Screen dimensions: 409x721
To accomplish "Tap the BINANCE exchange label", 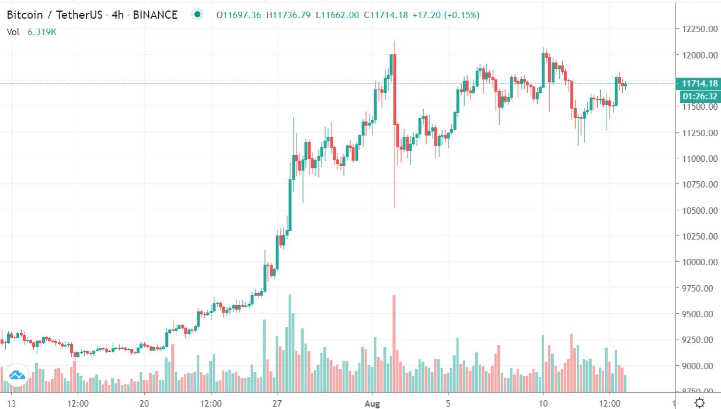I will tap(155, 15).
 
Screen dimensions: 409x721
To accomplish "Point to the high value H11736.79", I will tap(288, 15).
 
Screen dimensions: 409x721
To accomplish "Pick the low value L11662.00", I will tap(337, 15).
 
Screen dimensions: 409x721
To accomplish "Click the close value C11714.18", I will tap(385, 15).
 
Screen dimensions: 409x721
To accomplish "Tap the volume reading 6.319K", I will tap(41, 32).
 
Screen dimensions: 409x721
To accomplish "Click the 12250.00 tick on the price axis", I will tap(697, 29).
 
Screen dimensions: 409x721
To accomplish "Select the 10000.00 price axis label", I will tap(697, 262).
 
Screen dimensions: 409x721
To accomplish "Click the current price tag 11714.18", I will tap(696, 84).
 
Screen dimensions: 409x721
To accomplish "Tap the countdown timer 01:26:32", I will tap(696, 96).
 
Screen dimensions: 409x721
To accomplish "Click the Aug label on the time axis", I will tap(372, 403).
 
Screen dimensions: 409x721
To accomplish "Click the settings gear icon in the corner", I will tap(699, 403).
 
